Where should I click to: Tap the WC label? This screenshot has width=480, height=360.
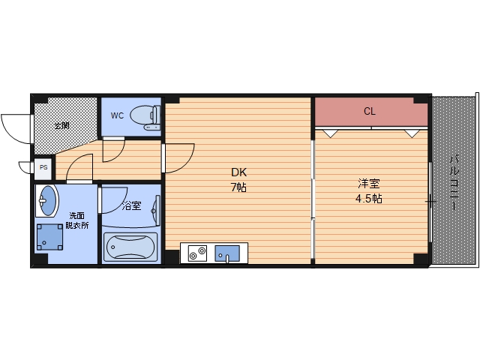click(117, 115)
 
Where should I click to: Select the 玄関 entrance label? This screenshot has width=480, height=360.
click(62, 125)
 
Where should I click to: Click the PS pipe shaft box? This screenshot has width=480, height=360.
click(43, 168)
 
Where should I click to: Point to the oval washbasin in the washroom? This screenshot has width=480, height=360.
click(47, 201)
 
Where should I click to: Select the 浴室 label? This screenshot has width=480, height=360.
click(132, 205)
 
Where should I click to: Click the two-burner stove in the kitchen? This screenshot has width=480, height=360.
click(197, 254)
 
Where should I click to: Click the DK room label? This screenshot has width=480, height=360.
click(238, 172)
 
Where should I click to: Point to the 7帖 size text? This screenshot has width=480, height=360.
click(238, 187)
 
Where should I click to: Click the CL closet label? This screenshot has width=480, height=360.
click(370, 112)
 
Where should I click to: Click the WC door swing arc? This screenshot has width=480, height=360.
click(113, 149)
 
